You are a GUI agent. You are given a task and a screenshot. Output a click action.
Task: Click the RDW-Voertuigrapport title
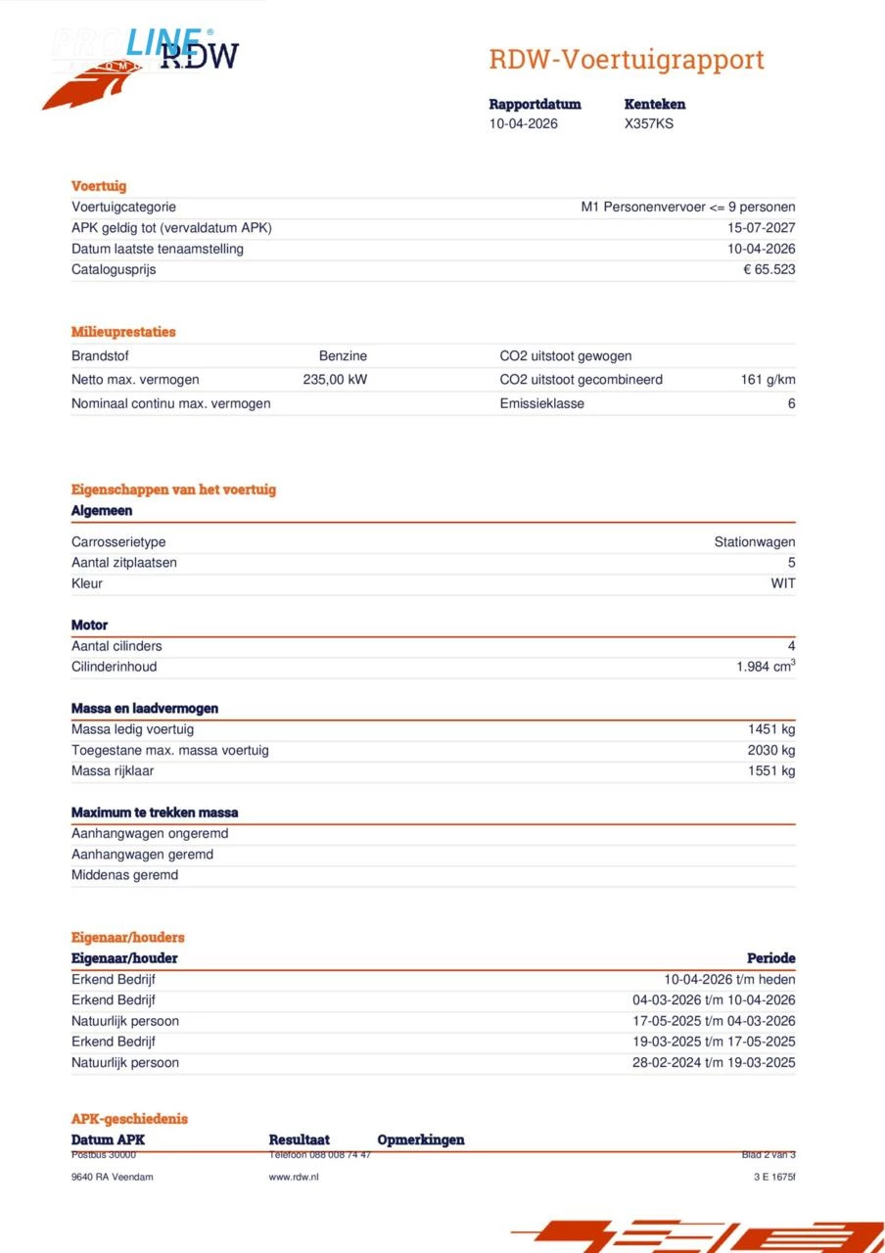627,60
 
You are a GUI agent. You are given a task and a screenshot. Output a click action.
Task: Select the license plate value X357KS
649,123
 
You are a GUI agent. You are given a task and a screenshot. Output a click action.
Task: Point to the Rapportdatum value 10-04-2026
524,123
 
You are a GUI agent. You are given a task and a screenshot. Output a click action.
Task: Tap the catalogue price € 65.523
769,269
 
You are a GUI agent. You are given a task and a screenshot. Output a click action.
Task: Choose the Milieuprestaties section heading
123,332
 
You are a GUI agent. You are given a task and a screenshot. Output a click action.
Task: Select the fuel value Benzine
343,356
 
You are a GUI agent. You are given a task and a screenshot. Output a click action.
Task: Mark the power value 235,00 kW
335,380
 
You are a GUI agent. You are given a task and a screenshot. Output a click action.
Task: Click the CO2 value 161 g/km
768,380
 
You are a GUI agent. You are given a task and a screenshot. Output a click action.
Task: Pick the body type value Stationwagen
754,541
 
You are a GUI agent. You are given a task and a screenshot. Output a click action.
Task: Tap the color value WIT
782,583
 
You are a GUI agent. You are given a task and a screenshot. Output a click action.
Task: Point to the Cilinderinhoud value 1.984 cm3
765,667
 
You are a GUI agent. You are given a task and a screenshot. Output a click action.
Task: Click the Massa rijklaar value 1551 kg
771,770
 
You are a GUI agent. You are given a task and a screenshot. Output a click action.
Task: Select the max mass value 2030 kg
771,750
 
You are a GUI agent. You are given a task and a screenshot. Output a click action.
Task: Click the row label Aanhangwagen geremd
142,855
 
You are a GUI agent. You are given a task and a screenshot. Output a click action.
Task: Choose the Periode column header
770,958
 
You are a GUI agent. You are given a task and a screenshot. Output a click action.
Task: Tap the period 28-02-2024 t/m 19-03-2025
714,1062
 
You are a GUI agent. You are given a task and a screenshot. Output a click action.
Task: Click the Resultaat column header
299,1139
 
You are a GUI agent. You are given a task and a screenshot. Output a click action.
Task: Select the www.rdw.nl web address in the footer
294,1177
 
